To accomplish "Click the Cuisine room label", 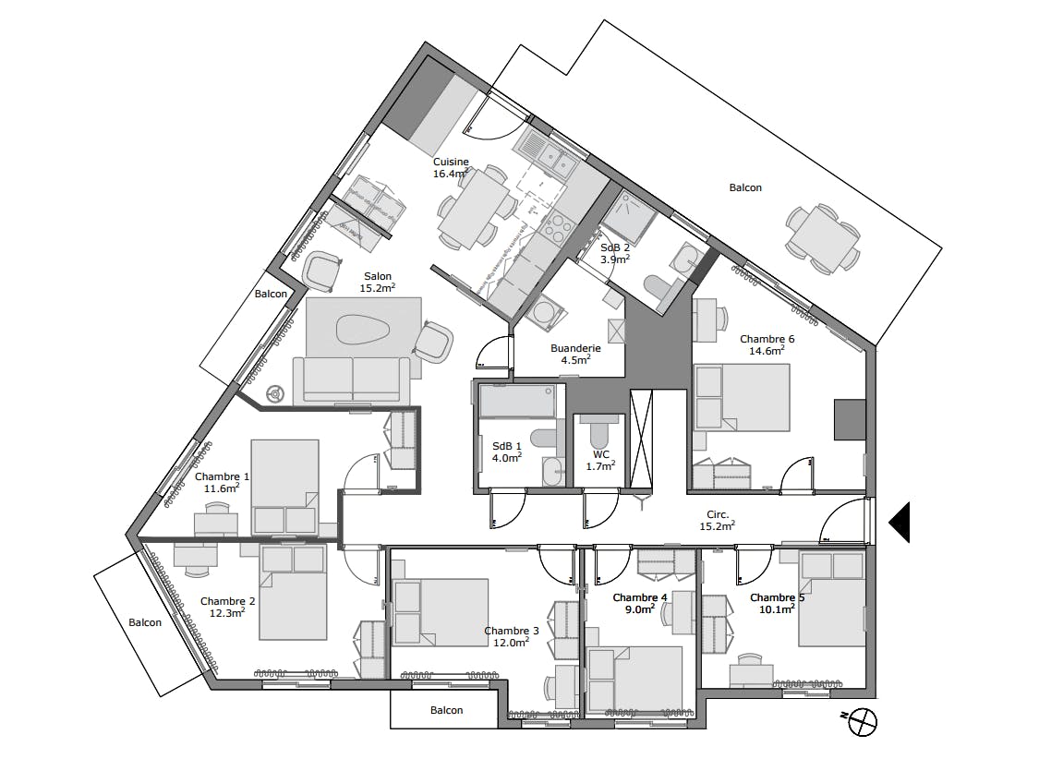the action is (451, 162).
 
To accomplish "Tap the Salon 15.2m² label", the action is (378, 283).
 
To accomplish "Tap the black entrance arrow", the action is (900, 522).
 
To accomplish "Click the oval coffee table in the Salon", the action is (361, 329).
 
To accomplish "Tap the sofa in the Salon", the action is (351, 379).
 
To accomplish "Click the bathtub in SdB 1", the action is (517, 401).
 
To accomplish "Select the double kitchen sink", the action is (552, 159).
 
